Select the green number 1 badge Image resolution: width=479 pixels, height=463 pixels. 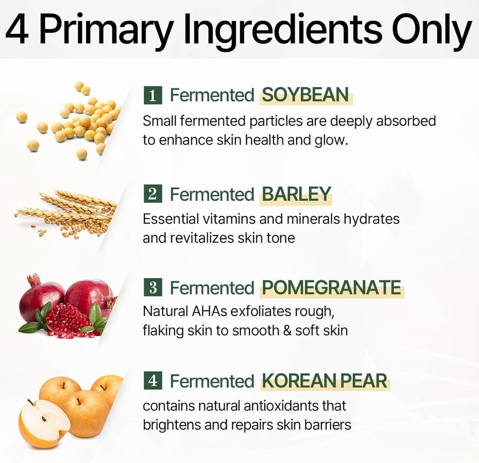pyautogui.click(x=152, y=95)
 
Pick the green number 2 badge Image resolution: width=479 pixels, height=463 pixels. pyautogui.click(x=152, y=194)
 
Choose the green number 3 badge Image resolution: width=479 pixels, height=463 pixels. pyautogui.click(x=152, y=287)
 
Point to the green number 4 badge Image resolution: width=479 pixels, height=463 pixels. pyautogui.click(x=152, y=381)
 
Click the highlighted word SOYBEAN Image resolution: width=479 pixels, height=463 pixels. pyautogui.click(x=305, y=95)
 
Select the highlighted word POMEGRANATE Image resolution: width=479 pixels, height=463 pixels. pyautogui.click(x=331, y=287)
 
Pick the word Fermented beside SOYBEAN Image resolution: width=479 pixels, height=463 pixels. pyautogui.click(x=212, y=95)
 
